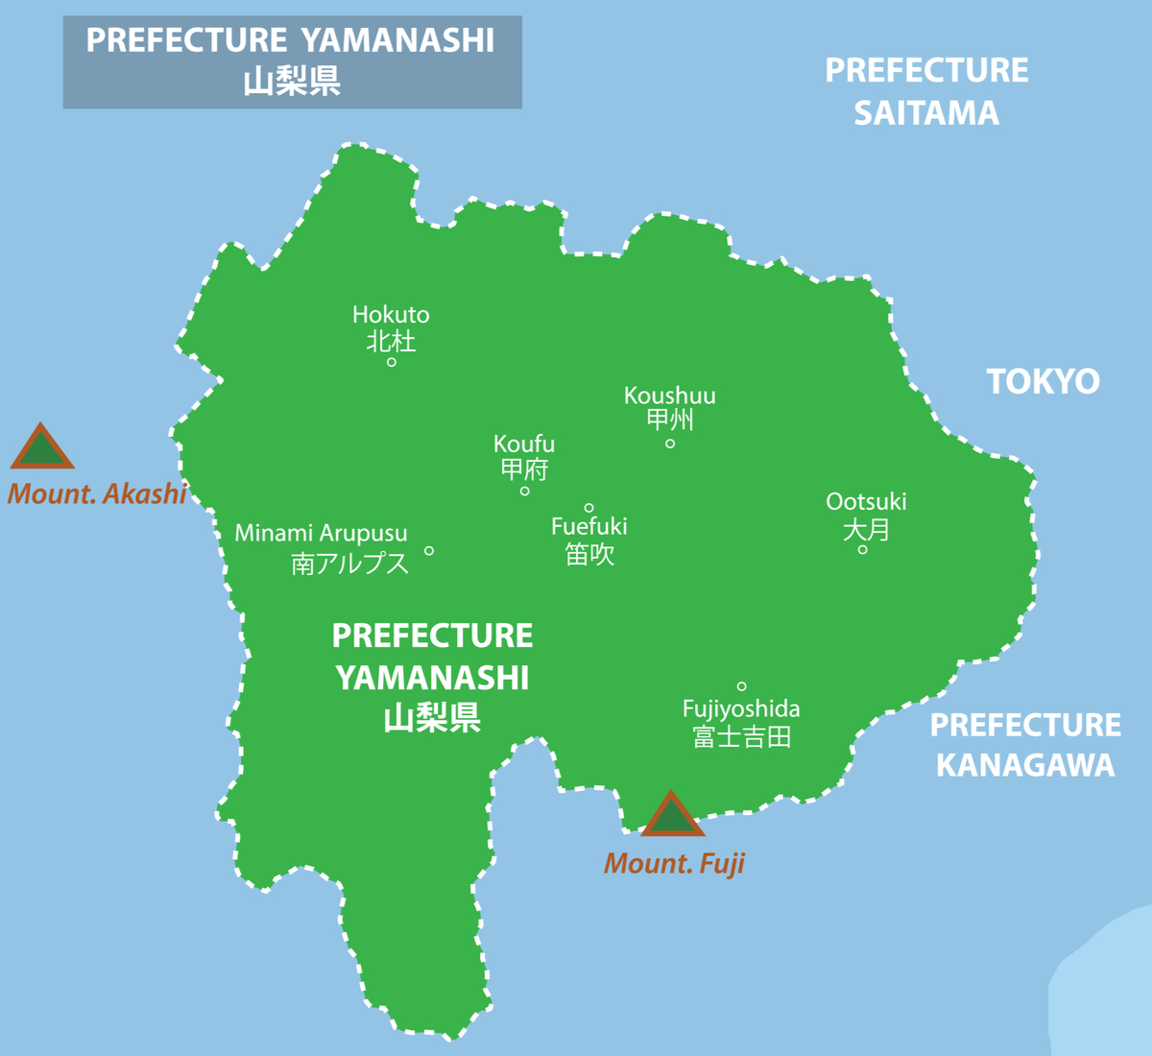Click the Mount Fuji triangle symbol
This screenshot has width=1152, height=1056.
point(672,816)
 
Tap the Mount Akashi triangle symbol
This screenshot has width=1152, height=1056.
point(42,448)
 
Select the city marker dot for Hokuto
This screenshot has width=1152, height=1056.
point(392,362)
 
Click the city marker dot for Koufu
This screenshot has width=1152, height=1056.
point(524,492)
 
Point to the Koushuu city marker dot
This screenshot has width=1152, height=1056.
point(670,444)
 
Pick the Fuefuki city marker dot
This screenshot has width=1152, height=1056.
point(588,508)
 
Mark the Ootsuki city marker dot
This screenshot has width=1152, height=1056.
point(862,550)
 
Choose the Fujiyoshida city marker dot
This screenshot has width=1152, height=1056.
point(741,686)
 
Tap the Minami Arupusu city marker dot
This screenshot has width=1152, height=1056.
point(429,551)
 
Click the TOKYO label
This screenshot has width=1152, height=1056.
point(1043,382)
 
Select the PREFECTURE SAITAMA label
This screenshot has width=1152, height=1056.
point(926,91)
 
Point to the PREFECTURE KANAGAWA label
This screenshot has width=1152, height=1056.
point(1025,745)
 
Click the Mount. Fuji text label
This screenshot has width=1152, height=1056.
point(674,864)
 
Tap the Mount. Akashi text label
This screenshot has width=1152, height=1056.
point(97,493)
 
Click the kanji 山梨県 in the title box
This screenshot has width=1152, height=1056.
point(292,81)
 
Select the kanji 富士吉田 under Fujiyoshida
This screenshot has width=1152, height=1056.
point(741,737)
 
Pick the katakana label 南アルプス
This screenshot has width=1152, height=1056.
point(350,564)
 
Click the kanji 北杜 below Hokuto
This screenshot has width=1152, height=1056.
point(391,341)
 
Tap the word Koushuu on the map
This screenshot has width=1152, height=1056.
point(669,396)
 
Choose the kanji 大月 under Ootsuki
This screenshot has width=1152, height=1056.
point(866,529)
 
